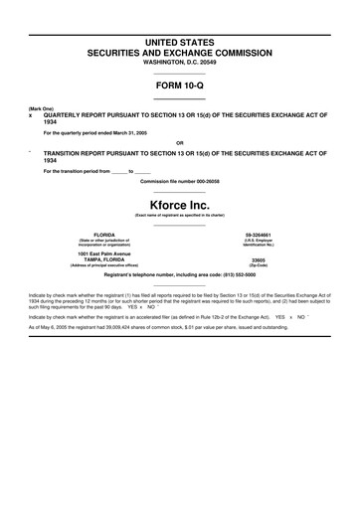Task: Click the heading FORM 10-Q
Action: (x=179, y=85)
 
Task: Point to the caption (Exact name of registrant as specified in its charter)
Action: (x=179, y=216)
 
